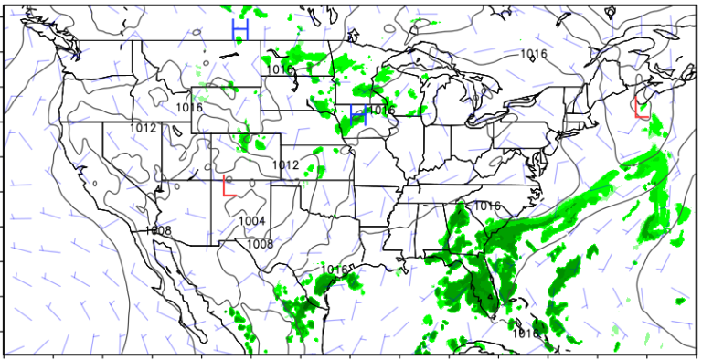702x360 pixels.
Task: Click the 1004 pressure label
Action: (252, 221)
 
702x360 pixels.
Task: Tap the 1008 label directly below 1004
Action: (261, 244)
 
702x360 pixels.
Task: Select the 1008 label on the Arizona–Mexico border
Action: (158, 230)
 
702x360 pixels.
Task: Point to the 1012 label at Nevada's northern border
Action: (144, 128)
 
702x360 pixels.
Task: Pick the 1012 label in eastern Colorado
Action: (286, 164)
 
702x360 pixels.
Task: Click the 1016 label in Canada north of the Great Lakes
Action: (534, 54)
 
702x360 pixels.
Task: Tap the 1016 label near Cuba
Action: (526, 334)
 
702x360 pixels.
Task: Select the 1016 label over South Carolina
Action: (487, 206)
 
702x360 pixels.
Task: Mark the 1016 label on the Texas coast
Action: (335, 270)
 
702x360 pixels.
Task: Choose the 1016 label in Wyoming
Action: (189, 108)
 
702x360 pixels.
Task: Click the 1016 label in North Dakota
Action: (281, 70)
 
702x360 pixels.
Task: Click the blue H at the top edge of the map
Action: (239, 30)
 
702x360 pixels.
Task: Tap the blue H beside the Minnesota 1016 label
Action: (358, 114)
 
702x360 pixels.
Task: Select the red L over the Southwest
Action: (229, 187)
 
